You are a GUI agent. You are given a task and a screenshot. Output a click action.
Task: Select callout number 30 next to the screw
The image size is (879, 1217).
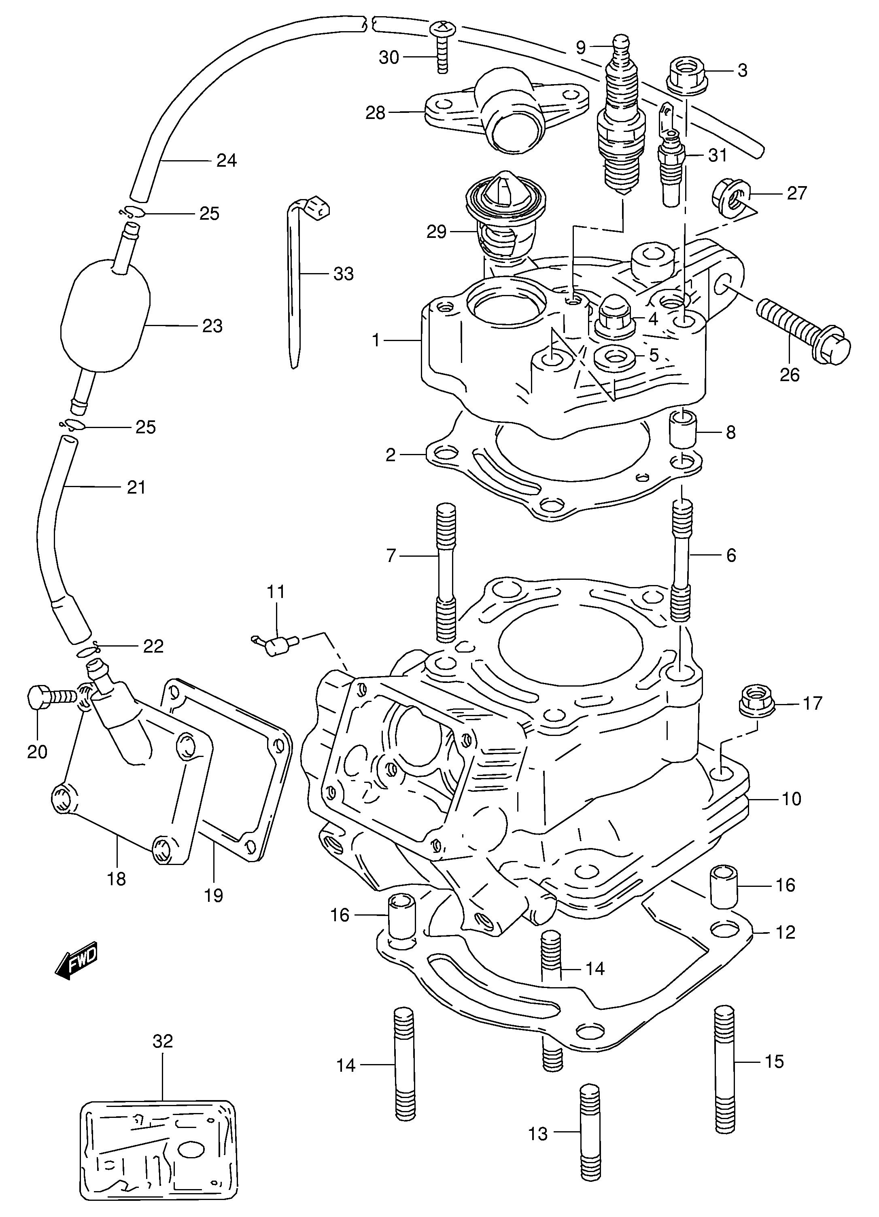[389, 57]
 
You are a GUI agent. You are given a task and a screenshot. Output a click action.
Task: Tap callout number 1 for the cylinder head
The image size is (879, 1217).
[376, 340]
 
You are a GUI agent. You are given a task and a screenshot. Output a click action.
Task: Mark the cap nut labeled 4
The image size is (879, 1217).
[615, 318]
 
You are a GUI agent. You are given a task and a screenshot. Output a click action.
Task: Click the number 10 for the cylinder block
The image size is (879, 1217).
[791, 814]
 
